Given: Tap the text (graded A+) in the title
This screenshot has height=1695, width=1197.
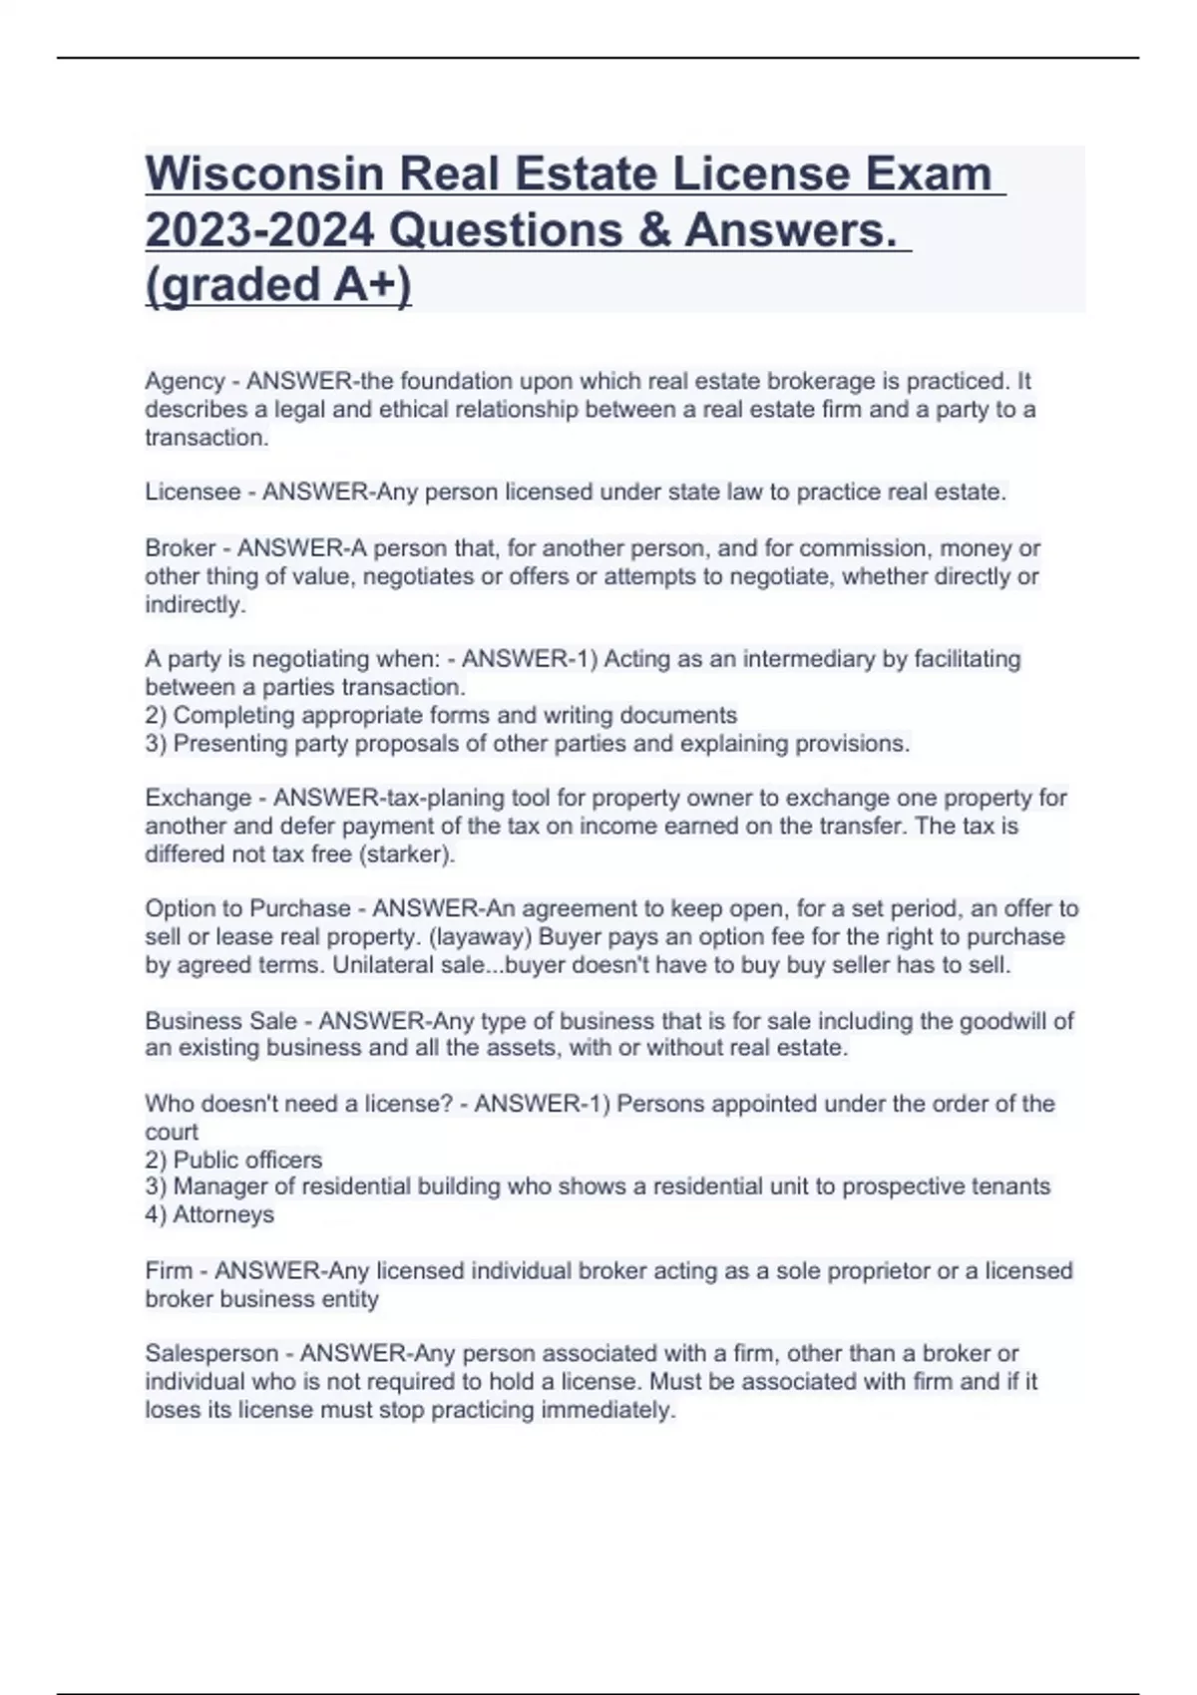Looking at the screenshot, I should [x=278, y=284].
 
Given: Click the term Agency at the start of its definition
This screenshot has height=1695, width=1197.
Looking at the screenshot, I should [x=185, y=381].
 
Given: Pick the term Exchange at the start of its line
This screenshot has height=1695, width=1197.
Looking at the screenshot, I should [x=198, y=798].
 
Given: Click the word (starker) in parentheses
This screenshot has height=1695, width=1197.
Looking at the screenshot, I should [x=406, y=854].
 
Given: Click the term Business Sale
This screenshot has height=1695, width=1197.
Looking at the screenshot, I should [x=220, y=1021].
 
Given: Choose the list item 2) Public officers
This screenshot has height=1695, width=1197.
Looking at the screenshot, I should [x=233, y=1160].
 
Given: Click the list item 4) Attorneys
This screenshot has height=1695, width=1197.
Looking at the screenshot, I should [x=209, y=1214].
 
